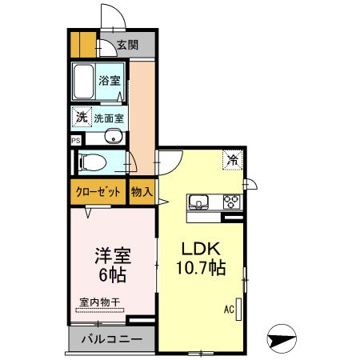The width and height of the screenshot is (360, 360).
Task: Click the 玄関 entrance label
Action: tap(127, 45)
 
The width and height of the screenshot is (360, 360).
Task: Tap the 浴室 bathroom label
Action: tap(109, 81)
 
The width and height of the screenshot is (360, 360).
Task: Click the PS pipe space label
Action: tap(75, 139)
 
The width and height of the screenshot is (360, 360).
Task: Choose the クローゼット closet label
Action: tap(98, 192)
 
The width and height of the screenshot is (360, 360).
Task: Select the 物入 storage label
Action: tap(142, 192)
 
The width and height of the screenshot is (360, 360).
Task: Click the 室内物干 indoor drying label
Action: tap(99, 302)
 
